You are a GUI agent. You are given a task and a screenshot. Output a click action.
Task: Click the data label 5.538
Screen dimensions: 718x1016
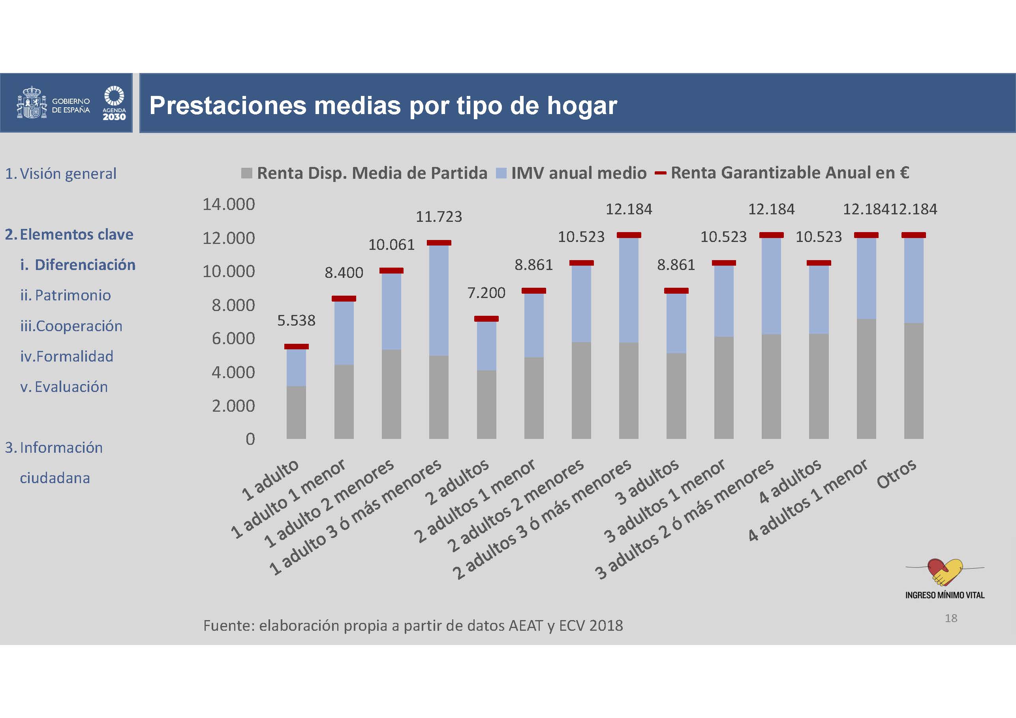click(x=296, y=320)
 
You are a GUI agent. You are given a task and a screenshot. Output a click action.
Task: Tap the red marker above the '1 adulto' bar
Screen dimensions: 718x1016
click(x=296, y=347)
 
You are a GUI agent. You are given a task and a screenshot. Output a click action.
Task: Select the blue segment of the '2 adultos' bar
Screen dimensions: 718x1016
click(x=486, y=345)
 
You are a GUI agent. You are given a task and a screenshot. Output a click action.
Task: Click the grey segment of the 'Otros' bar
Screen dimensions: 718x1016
click(x=913, y=381)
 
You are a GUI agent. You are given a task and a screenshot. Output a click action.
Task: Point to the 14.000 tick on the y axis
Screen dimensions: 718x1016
click(x=228, y=204)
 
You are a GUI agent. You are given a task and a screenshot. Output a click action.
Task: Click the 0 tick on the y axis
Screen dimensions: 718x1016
click(x=250, y=439)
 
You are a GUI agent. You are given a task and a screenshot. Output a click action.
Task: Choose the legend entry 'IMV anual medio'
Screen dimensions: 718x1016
click(x=578, y=173)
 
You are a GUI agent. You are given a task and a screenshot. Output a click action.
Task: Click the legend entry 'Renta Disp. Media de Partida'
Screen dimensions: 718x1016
click(x=372, y=173)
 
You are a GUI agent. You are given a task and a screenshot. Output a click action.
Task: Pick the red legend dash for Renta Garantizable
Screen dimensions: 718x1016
click(x=660, y=173)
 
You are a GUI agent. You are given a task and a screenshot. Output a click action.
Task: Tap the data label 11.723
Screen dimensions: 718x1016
click(x=439, y=217)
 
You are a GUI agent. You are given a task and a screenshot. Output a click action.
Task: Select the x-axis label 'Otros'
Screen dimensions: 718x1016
click(x=896, y=474)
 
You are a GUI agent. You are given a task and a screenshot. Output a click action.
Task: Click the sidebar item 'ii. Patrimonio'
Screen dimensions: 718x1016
click(x=66, y=295)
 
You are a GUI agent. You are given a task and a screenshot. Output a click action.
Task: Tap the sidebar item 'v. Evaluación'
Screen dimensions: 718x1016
click(x=64, y=387)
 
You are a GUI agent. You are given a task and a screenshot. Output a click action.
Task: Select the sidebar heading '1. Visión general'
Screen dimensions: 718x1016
click(x=61, y=173)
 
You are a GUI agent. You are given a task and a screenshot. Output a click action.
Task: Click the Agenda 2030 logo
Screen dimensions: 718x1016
click(x=114, y=103)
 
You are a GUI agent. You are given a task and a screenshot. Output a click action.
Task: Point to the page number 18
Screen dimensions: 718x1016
click(x=950, y=618)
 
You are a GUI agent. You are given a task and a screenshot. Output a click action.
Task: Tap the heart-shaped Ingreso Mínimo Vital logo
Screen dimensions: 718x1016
click(x=945, y=572)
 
